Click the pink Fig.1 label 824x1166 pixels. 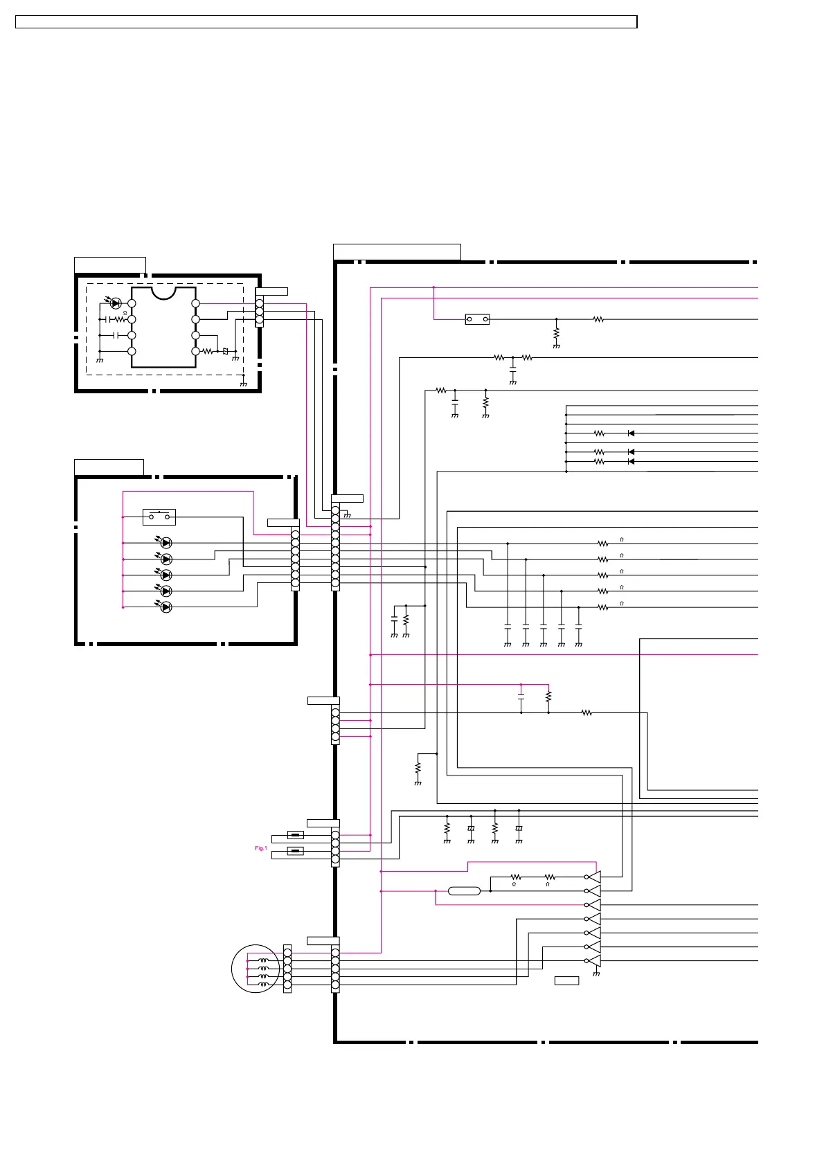[260, 848]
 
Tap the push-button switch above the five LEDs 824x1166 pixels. [159, 517]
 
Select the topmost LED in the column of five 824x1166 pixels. [165, 544]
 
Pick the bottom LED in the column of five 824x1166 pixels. [165, 607]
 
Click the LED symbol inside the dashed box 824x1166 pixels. [116, 303]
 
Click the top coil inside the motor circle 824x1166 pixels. [264, 961]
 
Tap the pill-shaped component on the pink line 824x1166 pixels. [464, 891]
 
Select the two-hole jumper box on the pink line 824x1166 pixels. [477, 320]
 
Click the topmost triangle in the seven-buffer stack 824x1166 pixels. [593, 877]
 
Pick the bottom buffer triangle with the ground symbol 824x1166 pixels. [593, 961]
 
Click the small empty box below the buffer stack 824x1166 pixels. [566, 980]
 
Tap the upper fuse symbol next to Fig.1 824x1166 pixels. [296, 835]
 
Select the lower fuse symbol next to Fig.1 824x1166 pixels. [296, 851]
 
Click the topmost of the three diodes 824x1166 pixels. [631, 433]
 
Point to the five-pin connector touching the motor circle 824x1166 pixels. [287, 969]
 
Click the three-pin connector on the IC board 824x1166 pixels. [260, 312]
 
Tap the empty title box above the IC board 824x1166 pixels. [109, 264]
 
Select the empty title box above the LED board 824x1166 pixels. [109, 467]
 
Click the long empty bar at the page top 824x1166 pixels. [325, 22]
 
